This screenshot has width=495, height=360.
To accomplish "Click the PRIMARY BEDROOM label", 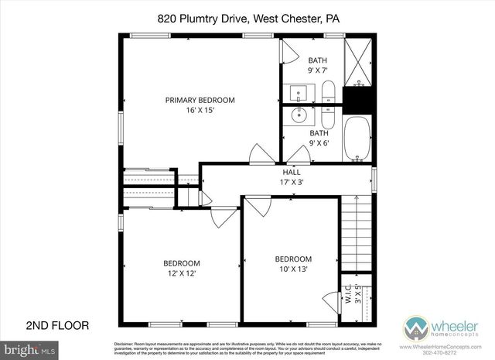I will click(x=200, y=100).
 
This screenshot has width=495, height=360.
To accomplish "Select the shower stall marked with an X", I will click(x=357, y=63).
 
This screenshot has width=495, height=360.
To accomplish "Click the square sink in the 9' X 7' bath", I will click(x=299, y=94).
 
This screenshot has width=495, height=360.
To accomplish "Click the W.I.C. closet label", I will click(x=349, y=295).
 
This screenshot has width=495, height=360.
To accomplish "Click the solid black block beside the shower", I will click(x=357, y=100).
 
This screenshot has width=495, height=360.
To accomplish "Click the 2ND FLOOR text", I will click(x=58, y=325).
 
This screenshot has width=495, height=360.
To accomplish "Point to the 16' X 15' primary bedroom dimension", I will click(x=200, y=110).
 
